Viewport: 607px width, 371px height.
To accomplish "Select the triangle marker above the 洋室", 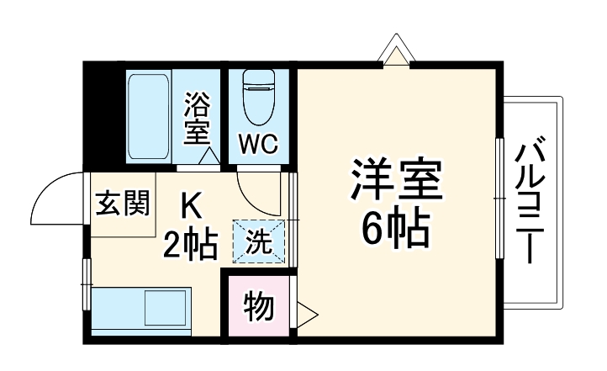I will click(395, 52).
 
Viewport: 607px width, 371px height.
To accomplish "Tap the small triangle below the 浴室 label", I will click(208, 156).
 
